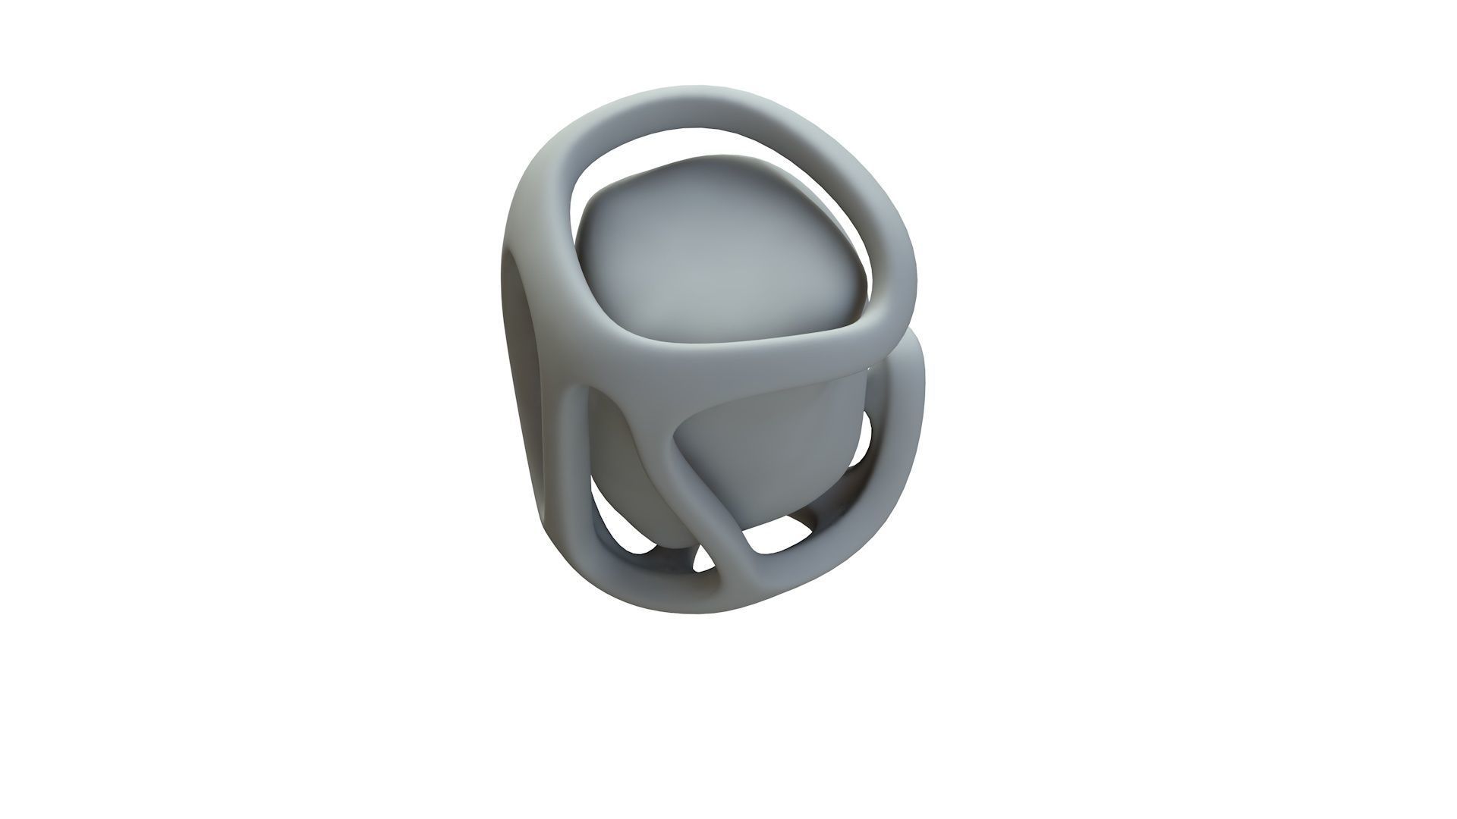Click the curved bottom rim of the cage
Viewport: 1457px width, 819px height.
(x=683, y=599)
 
